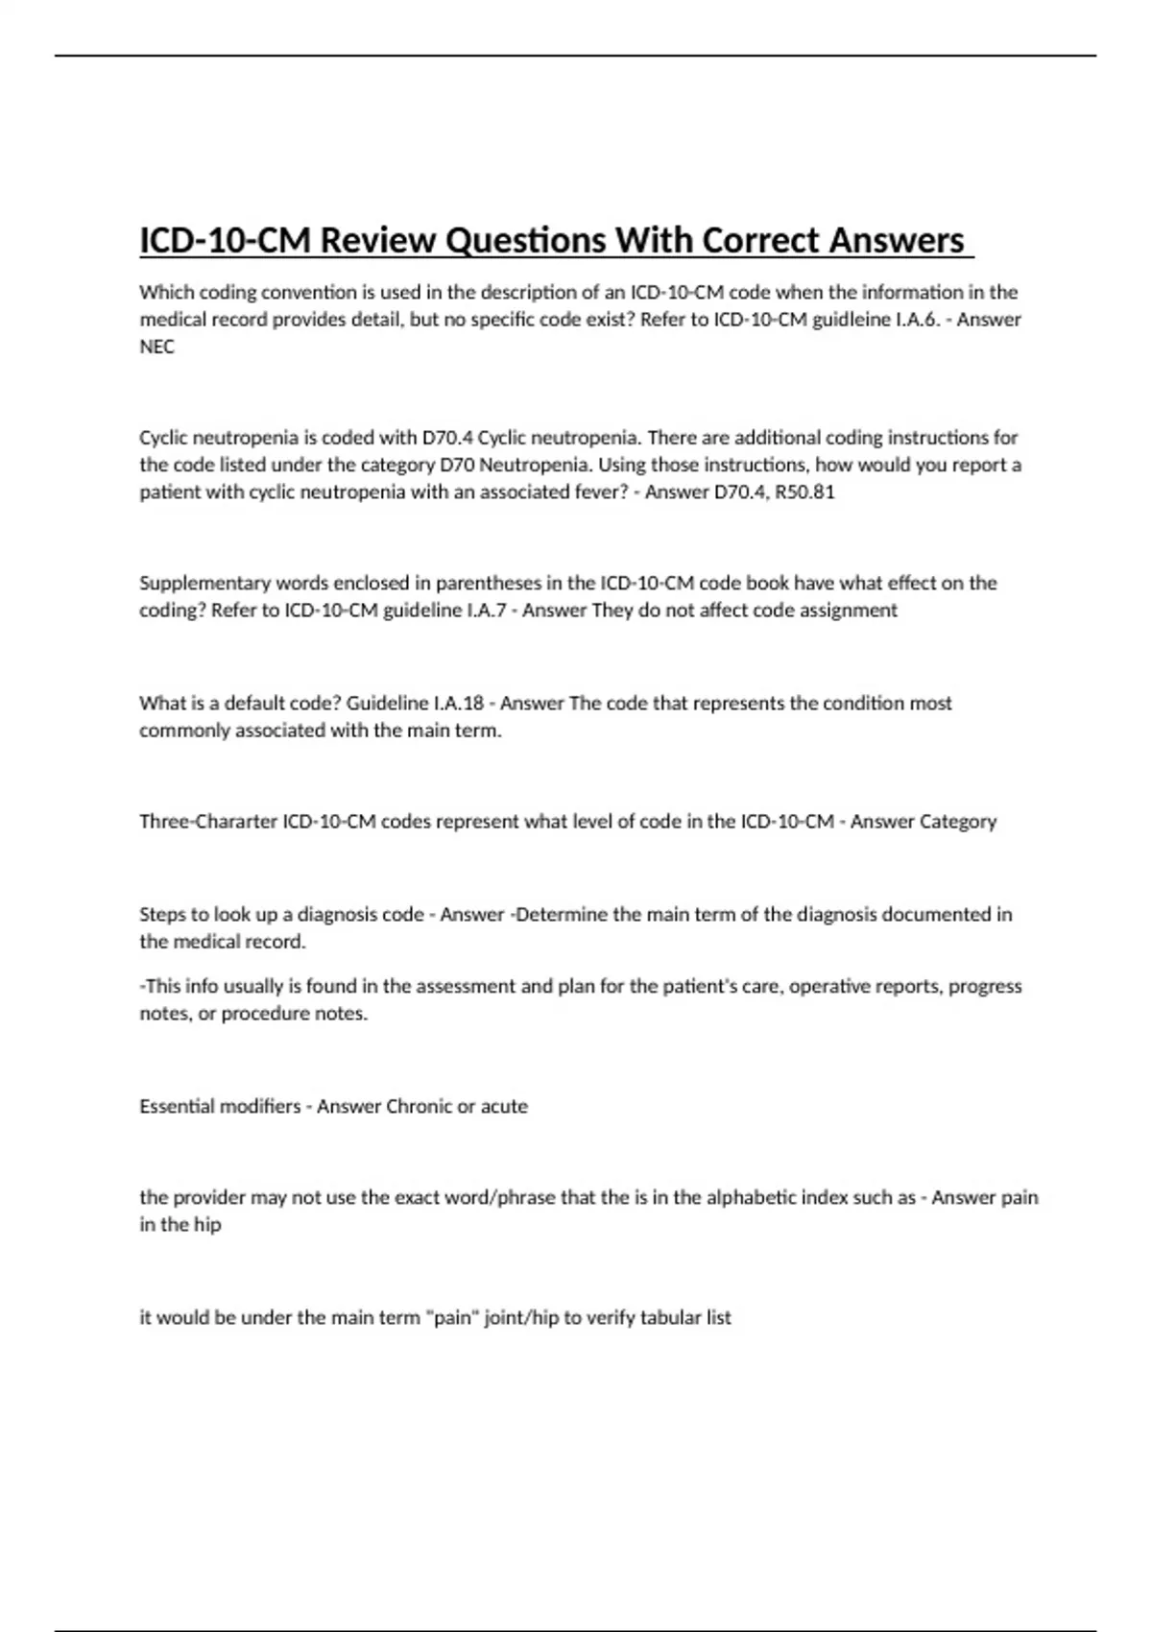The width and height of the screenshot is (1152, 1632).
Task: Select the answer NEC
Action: (156, 347)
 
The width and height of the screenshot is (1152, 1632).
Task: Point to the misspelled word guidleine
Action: (852, 319)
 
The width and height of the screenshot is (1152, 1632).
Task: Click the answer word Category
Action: (958, 822)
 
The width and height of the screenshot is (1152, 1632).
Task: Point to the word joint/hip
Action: (521, 1317)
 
